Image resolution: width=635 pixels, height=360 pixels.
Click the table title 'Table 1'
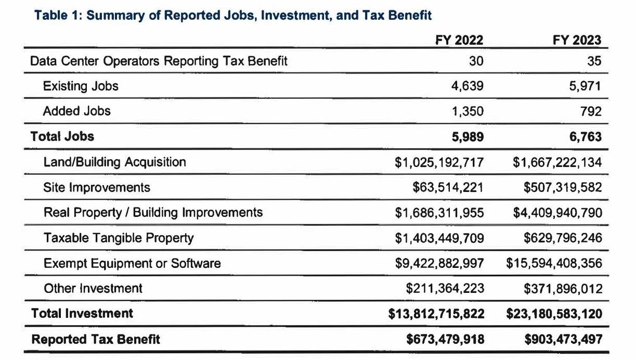coord(232,16)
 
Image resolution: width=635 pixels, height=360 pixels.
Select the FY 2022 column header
coord(459,40)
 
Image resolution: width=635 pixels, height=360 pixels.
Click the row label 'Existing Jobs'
coord(81,86)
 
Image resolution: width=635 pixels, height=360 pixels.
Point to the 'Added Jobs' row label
coord(76,111)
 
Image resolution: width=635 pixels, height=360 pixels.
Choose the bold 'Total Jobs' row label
coord(62,137)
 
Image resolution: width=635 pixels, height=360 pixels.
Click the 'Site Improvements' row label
coord(97,187)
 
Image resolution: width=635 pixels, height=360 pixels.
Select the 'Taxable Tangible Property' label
coord(119,238)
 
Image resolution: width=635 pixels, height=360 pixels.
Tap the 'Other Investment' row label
coord(93,289)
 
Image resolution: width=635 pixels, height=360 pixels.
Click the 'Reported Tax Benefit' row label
coord(96,340)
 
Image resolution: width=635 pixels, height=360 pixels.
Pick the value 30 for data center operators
coord(475,61)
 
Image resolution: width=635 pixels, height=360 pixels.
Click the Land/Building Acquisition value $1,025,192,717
coord(439,162)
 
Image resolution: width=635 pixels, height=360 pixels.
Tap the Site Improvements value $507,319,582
coord(563,188)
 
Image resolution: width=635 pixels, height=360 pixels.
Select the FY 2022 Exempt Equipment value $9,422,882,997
coord(439,264)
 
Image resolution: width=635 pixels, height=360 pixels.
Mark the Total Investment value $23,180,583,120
coord(554,314)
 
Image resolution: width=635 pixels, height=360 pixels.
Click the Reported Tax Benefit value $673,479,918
coord(445,340)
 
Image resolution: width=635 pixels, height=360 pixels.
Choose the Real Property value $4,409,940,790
coord(558,213)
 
